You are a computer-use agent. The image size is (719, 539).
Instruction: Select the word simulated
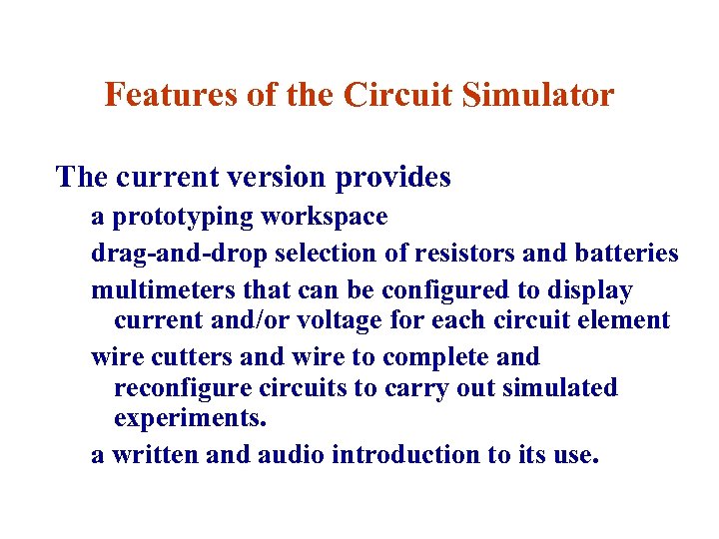coord(564,388)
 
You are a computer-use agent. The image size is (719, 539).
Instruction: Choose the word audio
coord(292,455)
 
